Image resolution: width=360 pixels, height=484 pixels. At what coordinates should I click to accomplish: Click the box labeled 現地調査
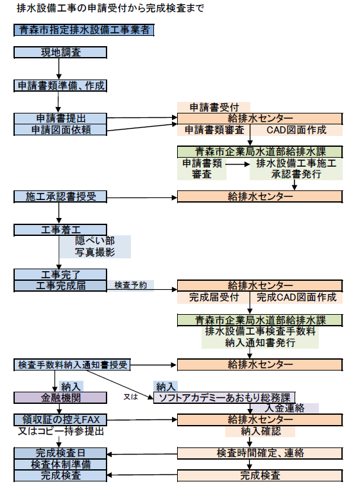click(57, 52)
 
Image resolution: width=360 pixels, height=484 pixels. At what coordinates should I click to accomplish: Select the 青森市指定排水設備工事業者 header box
click(83, 29)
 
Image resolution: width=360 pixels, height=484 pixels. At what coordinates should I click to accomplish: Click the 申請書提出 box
click(61, 119)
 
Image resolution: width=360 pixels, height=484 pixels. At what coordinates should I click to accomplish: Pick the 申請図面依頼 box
click(61, 129)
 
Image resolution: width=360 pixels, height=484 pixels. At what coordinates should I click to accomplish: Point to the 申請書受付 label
click(214, 107)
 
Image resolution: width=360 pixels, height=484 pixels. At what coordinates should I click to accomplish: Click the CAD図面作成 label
click(296, 129)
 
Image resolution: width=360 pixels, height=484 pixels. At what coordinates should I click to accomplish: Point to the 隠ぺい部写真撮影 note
click(95, 247)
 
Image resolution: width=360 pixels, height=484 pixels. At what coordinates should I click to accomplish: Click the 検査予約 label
click(130, 285)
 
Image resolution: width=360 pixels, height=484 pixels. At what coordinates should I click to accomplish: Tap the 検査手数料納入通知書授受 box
click(72, 365)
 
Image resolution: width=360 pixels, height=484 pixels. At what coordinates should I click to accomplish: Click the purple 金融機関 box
click(61, 397)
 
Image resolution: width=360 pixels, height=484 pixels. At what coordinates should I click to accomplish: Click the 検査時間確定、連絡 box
click(260, 453)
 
